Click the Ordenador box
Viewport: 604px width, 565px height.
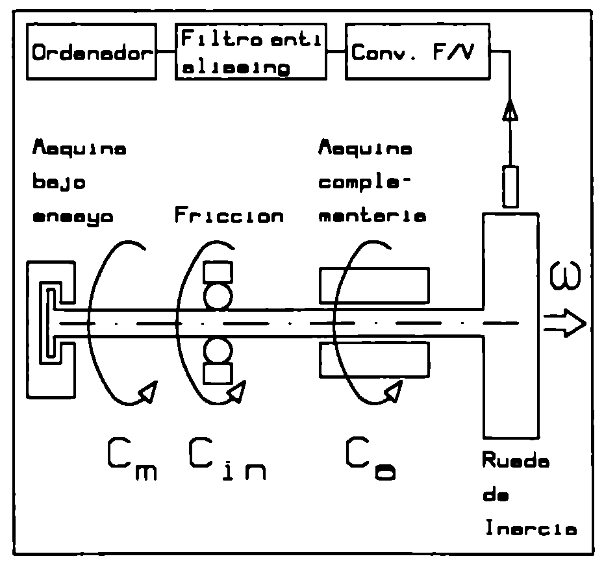tap(92, 52)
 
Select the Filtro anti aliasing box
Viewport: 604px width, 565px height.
tap(251, 52)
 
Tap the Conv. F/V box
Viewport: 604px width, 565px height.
tap(416, 52)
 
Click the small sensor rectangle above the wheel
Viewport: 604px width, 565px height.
tap(510, 187)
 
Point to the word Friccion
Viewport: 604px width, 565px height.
tap(229, 216)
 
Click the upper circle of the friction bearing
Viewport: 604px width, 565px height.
tap(214, 295)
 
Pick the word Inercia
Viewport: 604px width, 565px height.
tap(530, 529)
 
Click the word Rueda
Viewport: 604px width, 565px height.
tap(516, 462)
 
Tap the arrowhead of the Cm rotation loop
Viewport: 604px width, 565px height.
tap(148, 392)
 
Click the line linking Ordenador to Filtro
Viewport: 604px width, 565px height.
tap(166, 52)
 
